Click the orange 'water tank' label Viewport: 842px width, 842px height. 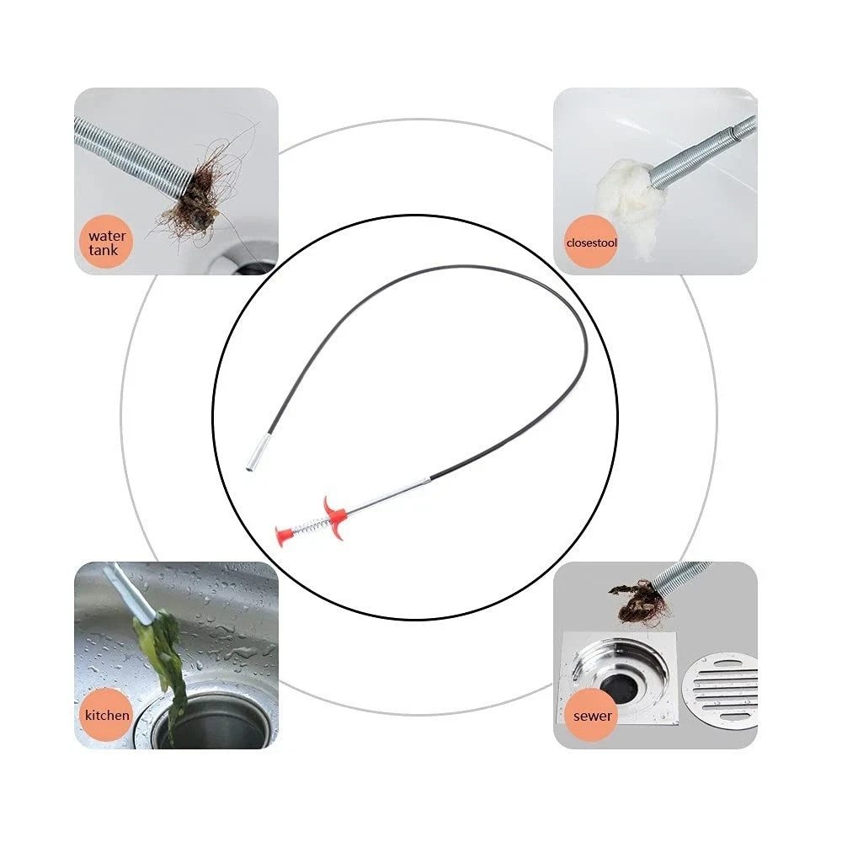tap(107, 242)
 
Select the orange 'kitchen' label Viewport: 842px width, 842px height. tap(107, 716)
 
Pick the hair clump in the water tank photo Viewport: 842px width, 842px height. tap(195, 196)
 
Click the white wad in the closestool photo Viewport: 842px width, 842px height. tap(629, 202)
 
